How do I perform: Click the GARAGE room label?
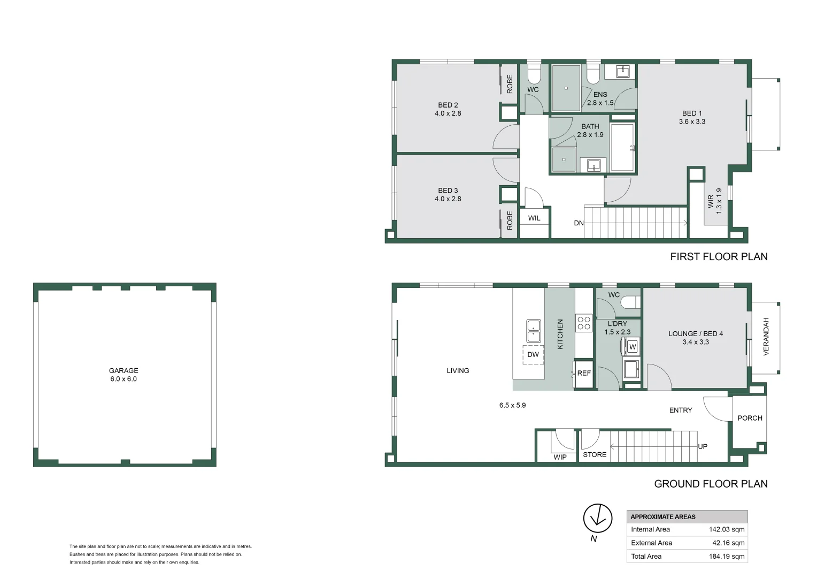click(x=124, y=370)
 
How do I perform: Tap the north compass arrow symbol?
click(x=597, y=518)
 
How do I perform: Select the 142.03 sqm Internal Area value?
click(x=727, y=529)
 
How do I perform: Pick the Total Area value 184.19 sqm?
click(x=727, y=556)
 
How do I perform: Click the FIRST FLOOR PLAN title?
click(x=719, y=256)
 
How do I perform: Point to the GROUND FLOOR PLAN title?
click(x=711, y=483)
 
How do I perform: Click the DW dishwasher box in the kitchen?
click(x=533, y=354)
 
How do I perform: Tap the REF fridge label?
click(x=584, y=373)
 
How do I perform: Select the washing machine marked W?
click(x=633, y=347)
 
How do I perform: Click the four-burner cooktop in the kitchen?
click(x=584, y=323)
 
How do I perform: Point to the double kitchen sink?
click(x=533, y=331)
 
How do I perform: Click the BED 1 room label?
click(x=692, y=113)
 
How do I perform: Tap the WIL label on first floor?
click(x=534, y=218)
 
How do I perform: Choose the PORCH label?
click(x=750, y=418)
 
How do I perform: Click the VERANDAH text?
click(x=766, y=336)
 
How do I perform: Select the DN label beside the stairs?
click(x=579, y=223)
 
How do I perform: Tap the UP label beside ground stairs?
click(x=703, y=446)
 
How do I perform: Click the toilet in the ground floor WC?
click(x=630, y=302)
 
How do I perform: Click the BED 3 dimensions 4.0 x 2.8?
click(x=448, y=199)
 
